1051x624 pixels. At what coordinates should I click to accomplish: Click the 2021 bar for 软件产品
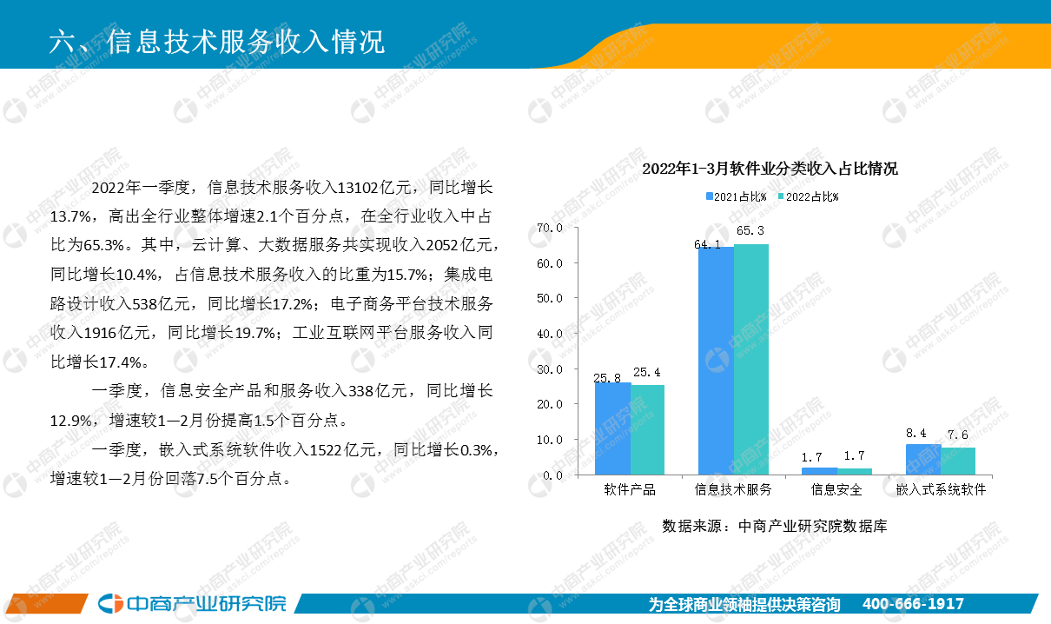(612, 428)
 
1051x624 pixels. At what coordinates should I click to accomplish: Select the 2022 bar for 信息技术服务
(751, 359)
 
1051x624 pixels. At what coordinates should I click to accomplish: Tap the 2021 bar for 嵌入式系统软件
(923, 459)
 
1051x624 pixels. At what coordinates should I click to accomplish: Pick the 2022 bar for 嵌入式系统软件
(958, 461)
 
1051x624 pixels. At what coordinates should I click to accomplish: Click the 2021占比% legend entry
(737, 196)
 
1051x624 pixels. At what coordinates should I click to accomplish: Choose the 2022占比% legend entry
(809, 196)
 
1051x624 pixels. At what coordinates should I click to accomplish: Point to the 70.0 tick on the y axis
(550, 229)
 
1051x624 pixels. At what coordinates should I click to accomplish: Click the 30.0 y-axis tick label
(550, 369)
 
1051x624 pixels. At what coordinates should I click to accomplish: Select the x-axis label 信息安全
(836, 489)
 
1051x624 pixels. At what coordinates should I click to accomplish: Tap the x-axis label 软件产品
(630, 489)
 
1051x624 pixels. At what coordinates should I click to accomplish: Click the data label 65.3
(750, 230)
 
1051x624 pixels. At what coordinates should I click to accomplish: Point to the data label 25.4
(646, 372)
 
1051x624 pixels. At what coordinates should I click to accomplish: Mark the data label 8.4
(915, 433)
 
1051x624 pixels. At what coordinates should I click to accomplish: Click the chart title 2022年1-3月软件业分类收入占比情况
(770, 169)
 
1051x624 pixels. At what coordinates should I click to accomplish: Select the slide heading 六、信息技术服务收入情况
(217, 42)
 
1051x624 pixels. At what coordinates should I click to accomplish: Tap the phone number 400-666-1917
(913, 604)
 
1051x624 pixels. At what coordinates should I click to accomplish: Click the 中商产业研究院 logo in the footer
(192, 603)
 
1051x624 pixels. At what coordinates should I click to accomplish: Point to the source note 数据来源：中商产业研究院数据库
(775, 526)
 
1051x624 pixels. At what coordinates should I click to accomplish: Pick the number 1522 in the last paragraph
(326, 450)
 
